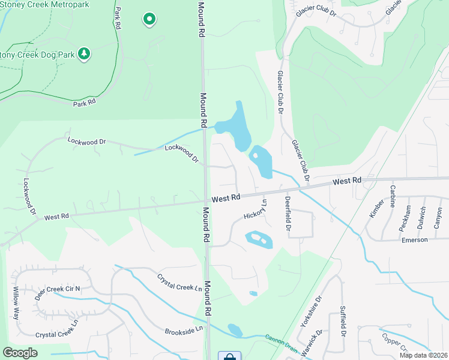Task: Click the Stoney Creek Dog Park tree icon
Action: tap(85, 54)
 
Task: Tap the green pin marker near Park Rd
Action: tap(149, 20)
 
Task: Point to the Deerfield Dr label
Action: tap(288, 214)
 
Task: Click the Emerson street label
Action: tap(415, 239)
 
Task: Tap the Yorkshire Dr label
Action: tap(319, 307)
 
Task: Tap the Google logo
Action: tap(20, 352)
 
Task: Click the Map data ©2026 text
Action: tap(423, 355)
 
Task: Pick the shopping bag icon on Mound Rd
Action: tap(229, 356)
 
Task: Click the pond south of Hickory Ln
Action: tap(259, 240)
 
